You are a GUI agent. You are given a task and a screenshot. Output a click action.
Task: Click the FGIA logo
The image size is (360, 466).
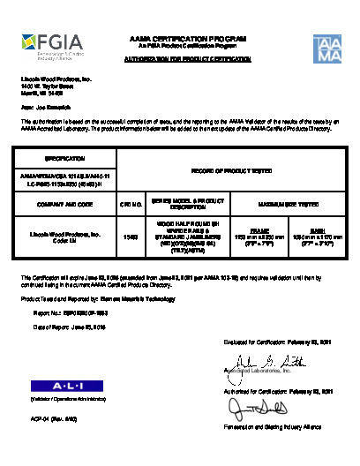59,42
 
